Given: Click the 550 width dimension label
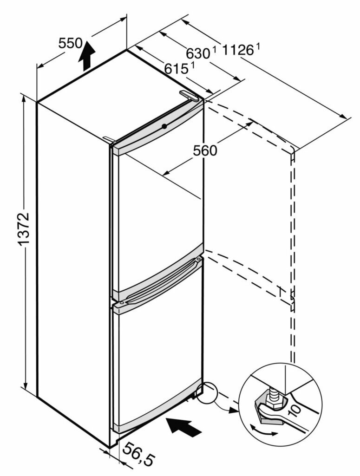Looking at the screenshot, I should [x=70, y=43].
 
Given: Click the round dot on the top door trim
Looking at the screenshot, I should [x=164, y=125].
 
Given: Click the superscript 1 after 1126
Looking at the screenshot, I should [x=257, y=46].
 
